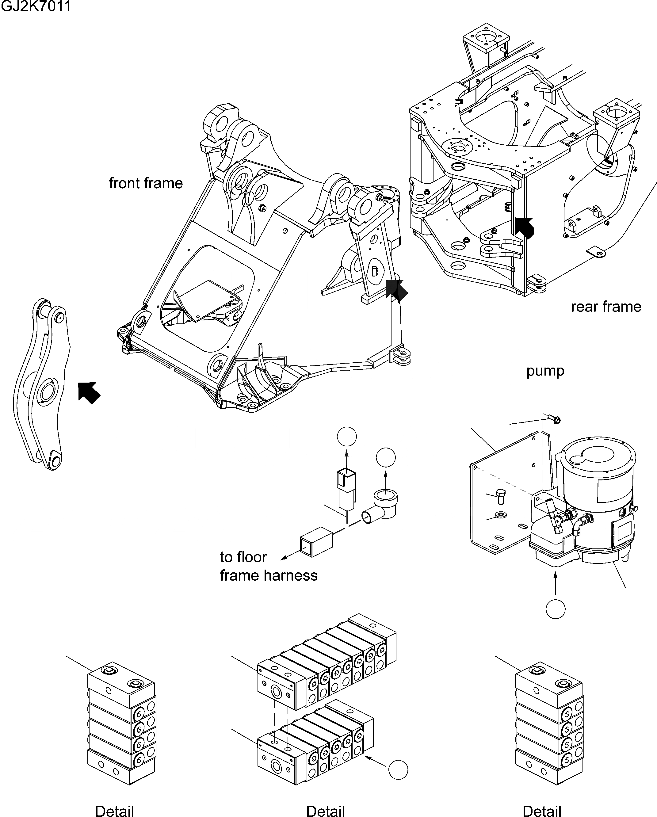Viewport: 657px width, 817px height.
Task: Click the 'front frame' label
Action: (146, 183)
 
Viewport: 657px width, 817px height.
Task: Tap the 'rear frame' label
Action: (606, 307)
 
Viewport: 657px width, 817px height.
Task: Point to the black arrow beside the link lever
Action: (89, 393)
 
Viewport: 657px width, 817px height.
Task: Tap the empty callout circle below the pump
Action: (556, 609)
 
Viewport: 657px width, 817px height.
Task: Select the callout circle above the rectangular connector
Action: (347, 437)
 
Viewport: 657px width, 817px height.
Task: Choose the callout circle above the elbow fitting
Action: (386, 457)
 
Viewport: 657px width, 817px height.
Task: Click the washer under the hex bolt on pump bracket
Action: (501, 515)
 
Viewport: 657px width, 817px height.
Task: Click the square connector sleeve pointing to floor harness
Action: (316, 542)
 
